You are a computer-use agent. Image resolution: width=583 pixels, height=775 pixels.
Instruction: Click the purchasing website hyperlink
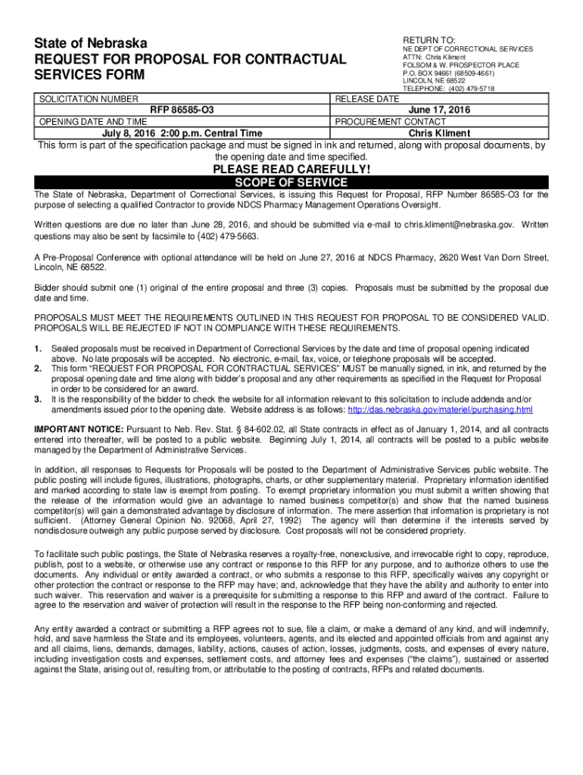(439, 409)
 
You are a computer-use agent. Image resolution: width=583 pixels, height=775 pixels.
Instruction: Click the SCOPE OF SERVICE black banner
(291, 183)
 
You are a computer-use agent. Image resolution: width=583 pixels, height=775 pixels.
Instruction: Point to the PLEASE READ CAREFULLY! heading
(291, 170)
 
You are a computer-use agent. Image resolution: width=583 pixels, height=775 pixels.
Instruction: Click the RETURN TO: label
(429, 39)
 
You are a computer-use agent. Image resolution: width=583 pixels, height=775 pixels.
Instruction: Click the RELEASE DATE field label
(367, 99)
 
